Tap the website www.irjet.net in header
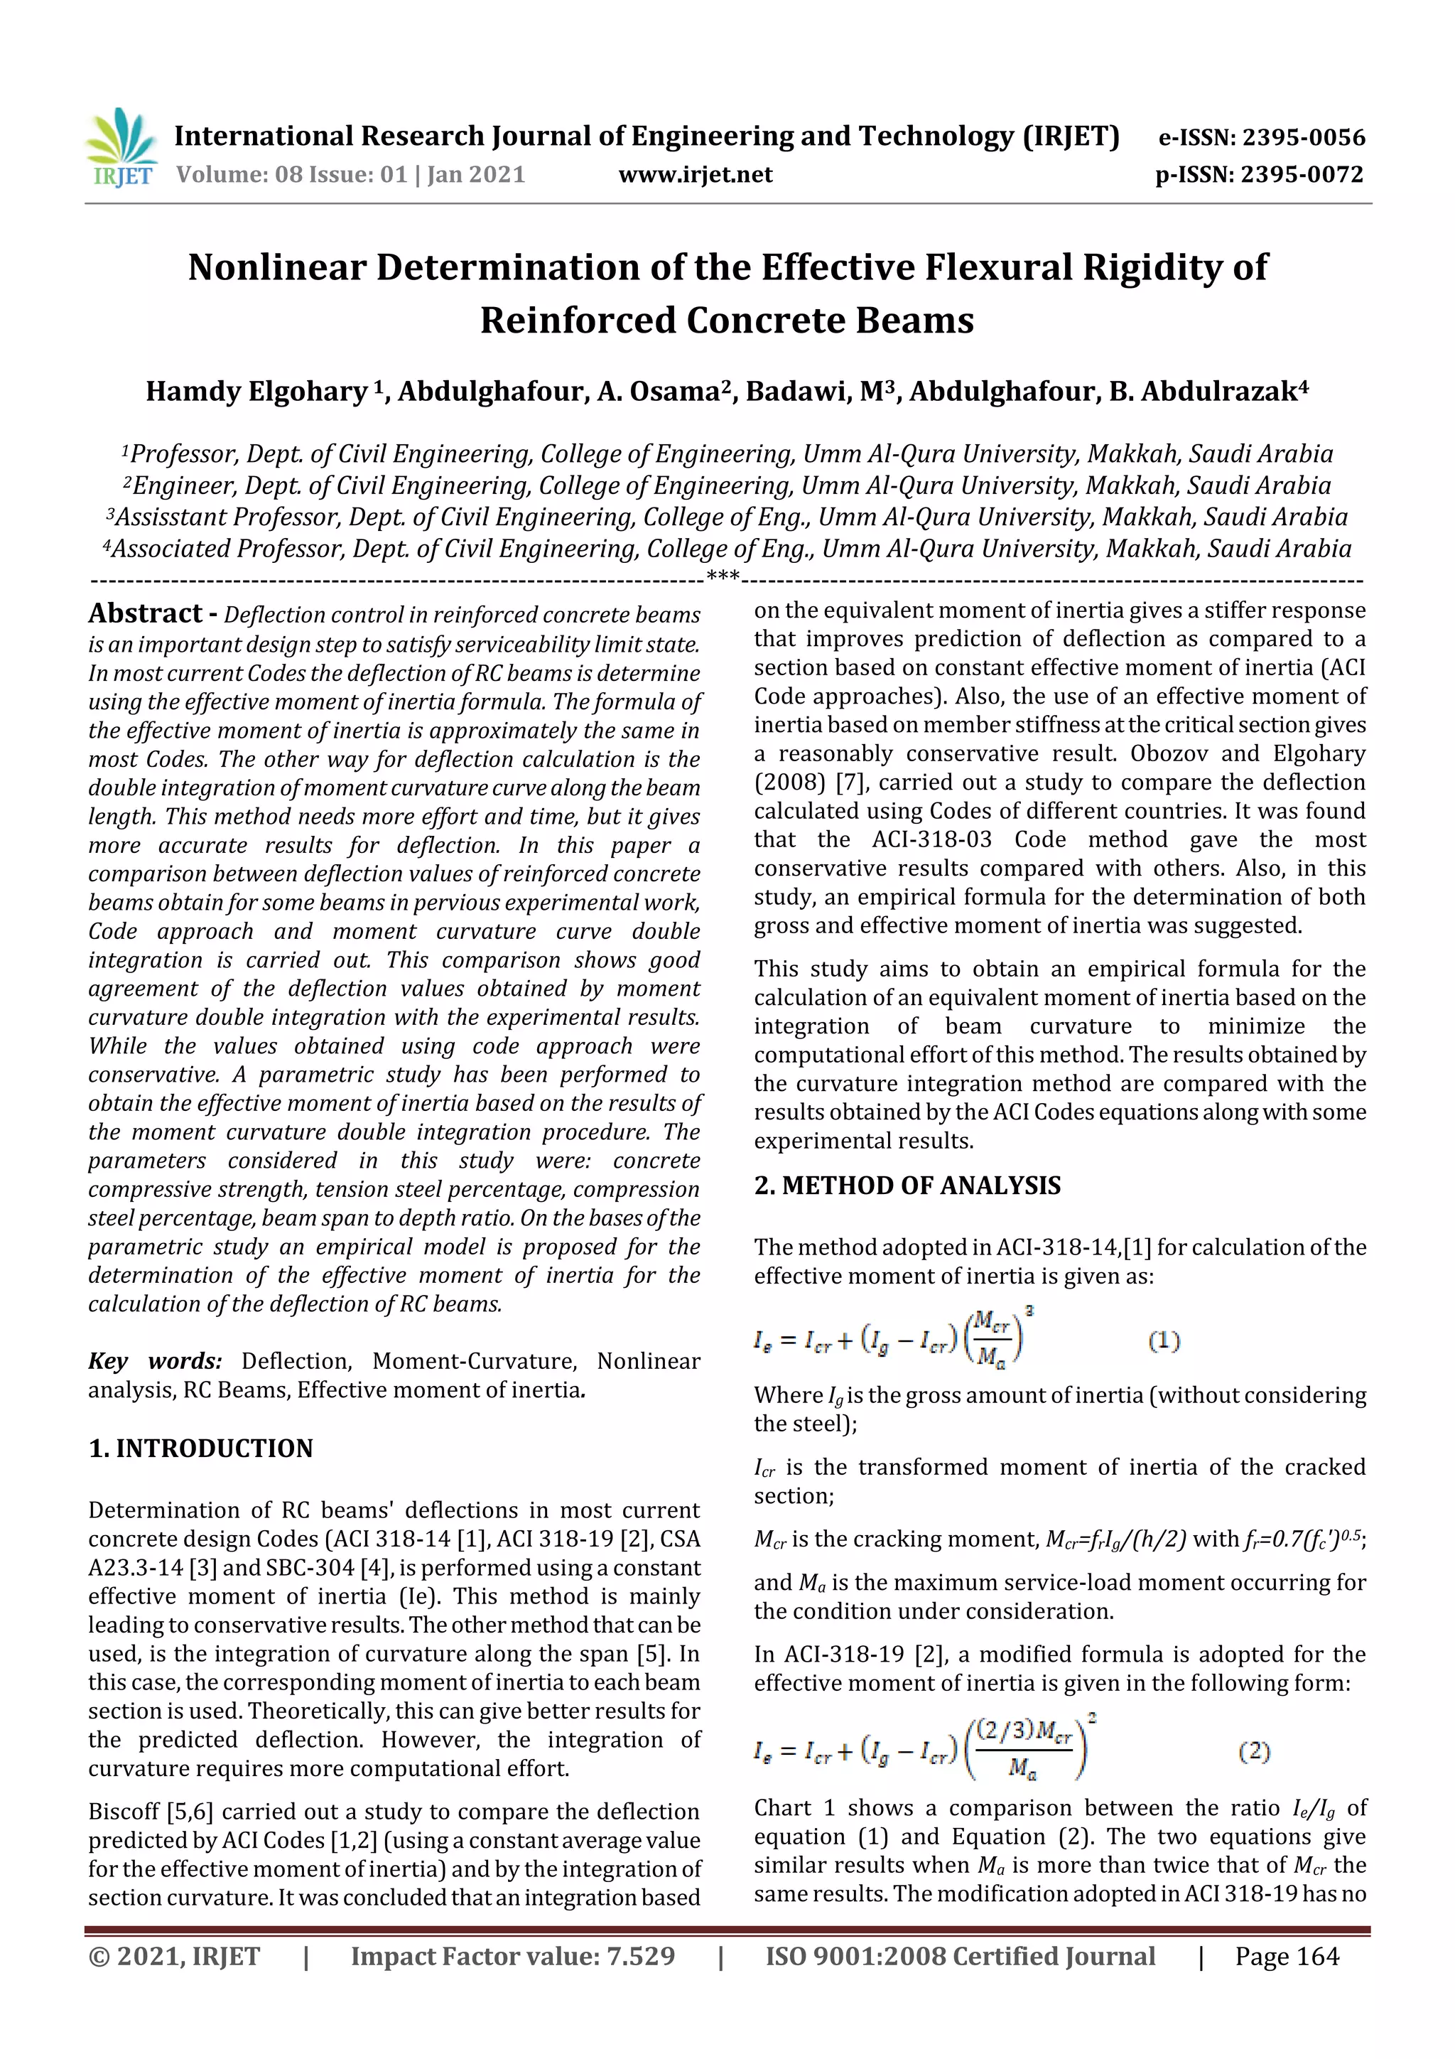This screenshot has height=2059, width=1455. [695, 175]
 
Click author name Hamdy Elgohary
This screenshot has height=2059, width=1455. [257, 392]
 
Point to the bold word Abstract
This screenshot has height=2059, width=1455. [145, 613]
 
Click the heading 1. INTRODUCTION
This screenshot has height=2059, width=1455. [201, 1448]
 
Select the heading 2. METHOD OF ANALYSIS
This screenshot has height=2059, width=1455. [907, 1186]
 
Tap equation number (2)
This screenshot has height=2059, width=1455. [1253, 1751]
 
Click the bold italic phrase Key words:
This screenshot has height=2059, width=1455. [155, 1361]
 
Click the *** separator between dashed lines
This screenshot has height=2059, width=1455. [723, 576]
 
